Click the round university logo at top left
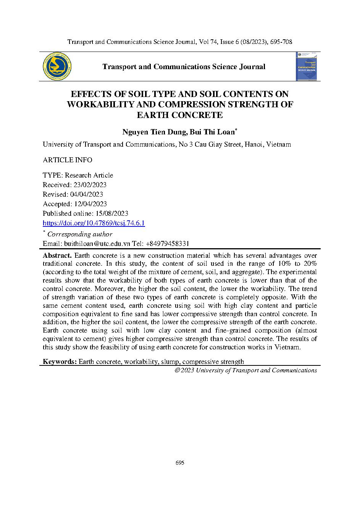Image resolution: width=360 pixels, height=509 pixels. coord(57,66)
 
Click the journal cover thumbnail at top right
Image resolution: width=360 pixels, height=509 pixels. coord(307,66)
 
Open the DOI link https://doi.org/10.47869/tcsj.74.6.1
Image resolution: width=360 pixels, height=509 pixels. coord(94,223)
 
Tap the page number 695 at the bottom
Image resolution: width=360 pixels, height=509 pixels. coord(180,463)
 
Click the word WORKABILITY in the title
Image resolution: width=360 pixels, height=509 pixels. coord(105,104)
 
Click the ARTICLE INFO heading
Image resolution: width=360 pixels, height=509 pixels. coord(67,160)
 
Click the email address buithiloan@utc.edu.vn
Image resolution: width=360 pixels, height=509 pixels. coord(87,244)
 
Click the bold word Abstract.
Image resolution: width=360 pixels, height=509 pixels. coord(57,255)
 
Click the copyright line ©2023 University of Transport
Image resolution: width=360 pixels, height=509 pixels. coord(245,370)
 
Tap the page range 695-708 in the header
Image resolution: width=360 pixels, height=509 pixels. coord(281,42)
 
